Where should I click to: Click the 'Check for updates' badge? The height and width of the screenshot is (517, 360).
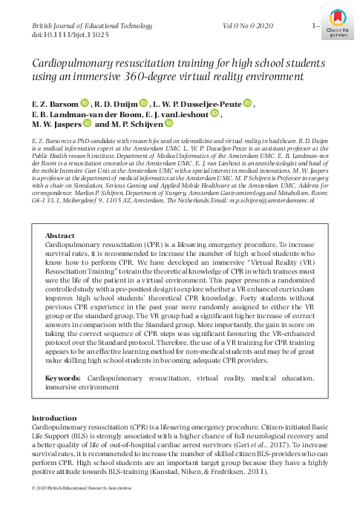(338, 16)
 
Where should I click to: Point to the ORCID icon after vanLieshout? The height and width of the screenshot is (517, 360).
(215, 114)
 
